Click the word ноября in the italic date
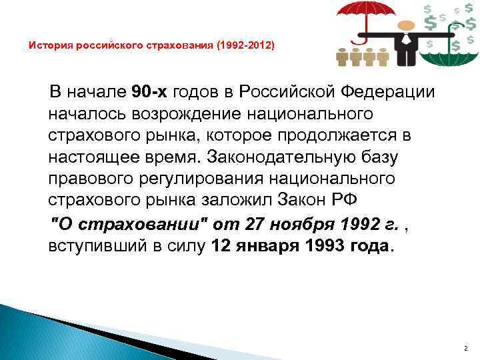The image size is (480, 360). click(289, 223)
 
